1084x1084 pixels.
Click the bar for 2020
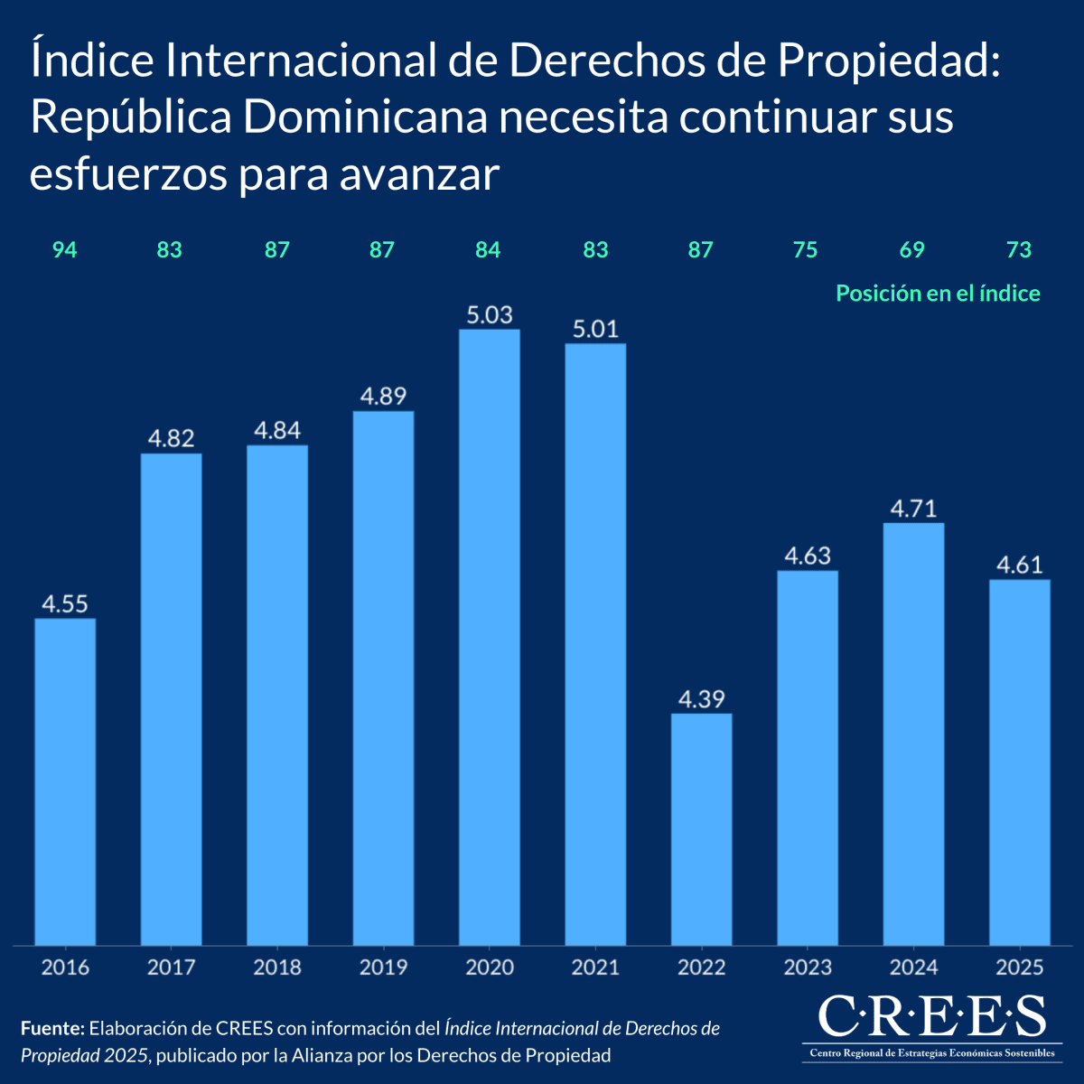coord(490,637)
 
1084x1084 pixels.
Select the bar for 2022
coord(702,829)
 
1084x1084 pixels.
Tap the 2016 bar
coord(65,781)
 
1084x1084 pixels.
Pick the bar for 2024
coord(913,734)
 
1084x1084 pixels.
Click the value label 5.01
coord(595,329)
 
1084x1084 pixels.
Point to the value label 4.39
coord(702,699)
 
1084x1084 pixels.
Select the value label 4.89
coord(383,397)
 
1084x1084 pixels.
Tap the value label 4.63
coord(808,556)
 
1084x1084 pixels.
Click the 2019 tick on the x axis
coord(383,967)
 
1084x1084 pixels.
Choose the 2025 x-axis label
coord(1019,967)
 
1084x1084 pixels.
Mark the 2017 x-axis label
coord(171,967)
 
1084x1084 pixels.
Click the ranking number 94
coord(64,250)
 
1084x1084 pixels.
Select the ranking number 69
coord(912,250)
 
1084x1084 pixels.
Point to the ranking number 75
coord(805,250)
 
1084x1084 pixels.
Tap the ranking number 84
coord(488,250)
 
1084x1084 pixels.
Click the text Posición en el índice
coord(938,294)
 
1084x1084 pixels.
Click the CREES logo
coord(930,1025)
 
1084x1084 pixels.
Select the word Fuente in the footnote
coord(51,1028)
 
